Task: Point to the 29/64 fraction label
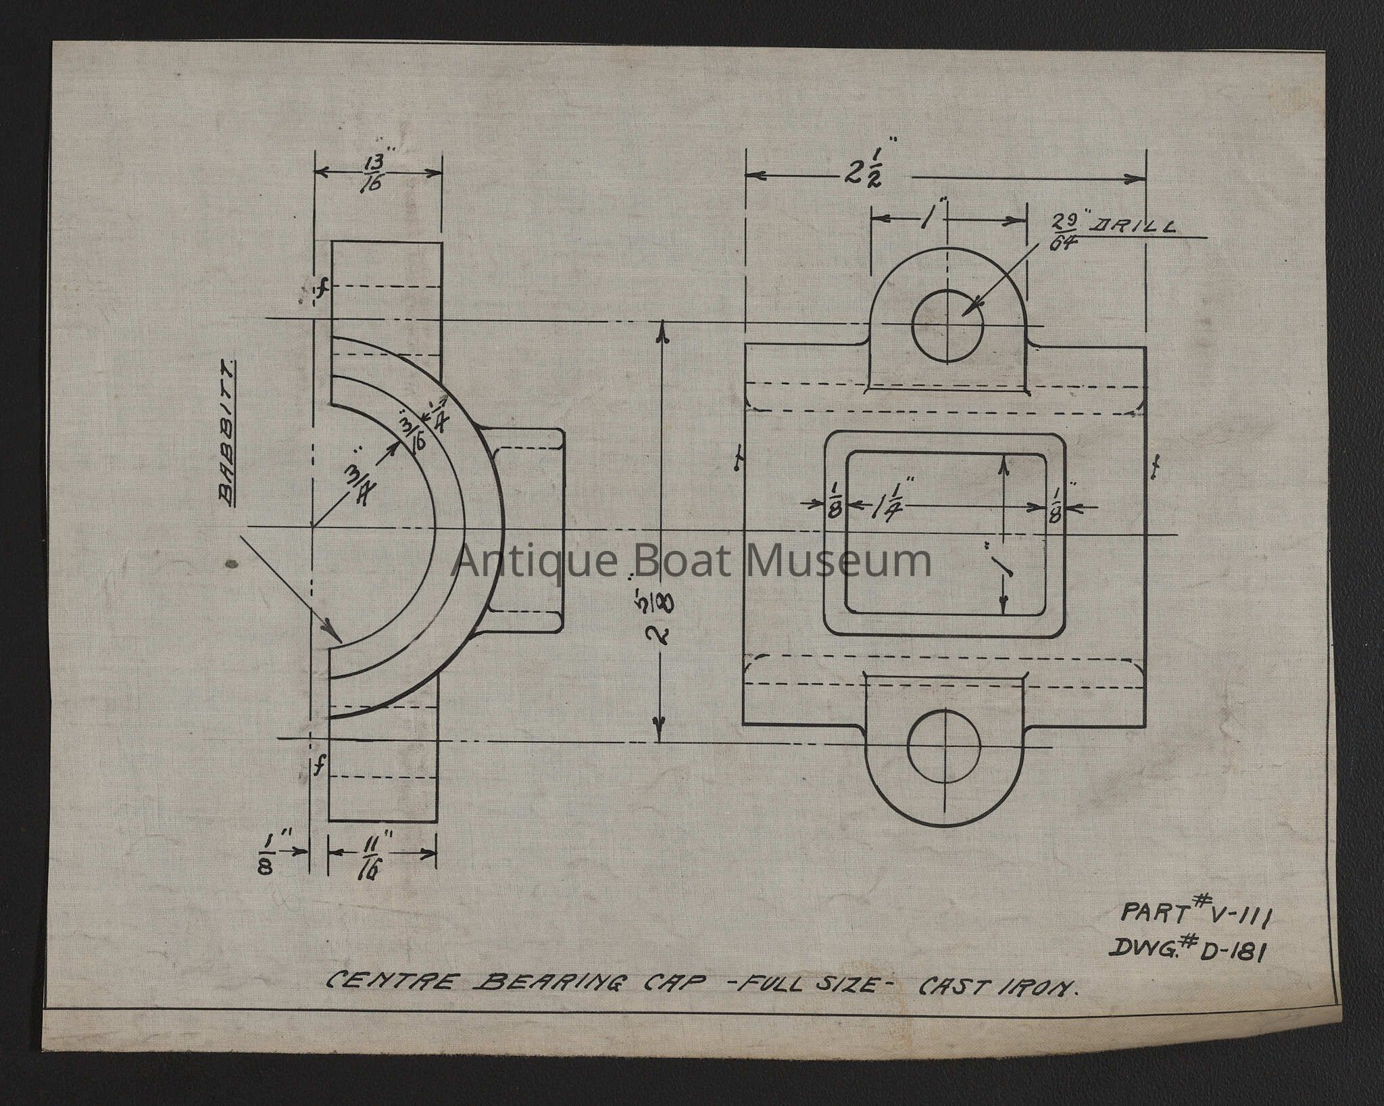1063,231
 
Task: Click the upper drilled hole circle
947,326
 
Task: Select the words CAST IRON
997,987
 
